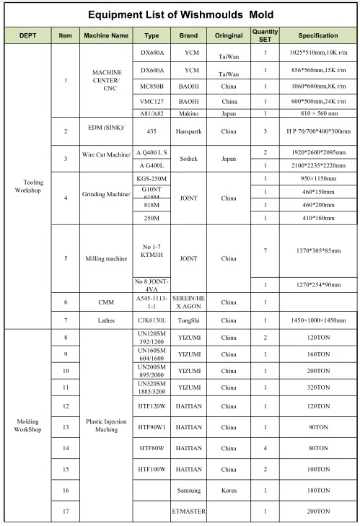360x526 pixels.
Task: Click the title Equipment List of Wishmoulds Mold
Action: click(180, 14)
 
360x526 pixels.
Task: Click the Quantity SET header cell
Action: click(265, 35)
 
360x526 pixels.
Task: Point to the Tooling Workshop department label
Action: click(28, 187)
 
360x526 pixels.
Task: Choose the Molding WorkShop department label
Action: click(28, 426)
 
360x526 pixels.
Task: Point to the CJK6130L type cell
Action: click(152, 320)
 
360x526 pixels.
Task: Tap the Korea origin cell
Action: click(229, 490)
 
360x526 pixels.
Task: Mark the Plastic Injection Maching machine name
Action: click(105, 426)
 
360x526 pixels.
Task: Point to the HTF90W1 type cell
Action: click(152, 427)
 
